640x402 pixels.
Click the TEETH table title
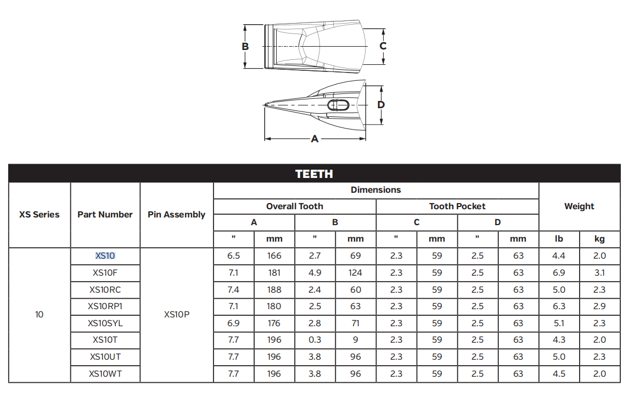point(314,174)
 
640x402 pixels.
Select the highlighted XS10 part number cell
point(105,256)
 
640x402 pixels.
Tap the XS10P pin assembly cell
point(177,315)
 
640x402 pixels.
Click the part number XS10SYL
point(105,323)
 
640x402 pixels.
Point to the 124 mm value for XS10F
point(355,272)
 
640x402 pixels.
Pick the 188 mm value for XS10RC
point(274,289)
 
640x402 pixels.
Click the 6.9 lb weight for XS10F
point(559,272)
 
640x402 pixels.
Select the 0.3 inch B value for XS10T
point(315,340)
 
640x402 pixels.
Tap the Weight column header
point(579,206)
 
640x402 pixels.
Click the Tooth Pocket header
point(457,206)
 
